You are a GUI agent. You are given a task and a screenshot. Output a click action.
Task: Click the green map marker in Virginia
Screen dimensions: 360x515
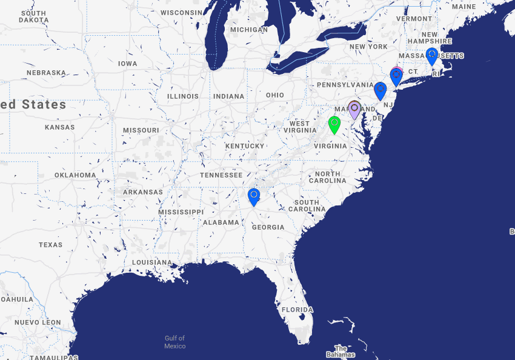[334, 124]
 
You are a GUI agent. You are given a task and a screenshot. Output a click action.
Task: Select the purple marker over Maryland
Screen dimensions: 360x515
[354, 110]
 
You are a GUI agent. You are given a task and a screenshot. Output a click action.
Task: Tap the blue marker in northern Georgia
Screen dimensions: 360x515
[254, 196]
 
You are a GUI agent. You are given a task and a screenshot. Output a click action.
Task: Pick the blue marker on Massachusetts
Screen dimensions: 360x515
[431, 56]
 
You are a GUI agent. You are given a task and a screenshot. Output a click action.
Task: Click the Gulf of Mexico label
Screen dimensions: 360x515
[174, 342]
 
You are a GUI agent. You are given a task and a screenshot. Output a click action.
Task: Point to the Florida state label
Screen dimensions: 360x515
[297, 309]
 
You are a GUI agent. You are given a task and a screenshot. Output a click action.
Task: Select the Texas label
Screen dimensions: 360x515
[50, 245]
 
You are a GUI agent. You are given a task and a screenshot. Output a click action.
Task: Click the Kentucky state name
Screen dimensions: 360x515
[245, 146]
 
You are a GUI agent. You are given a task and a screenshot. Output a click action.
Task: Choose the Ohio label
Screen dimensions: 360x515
[274, 95]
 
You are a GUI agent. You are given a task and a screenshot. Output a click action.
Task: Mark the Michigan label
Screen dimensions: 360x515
[248, 30]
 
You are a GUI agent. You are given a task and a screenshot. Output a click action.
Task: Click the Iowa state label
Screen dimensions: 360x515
[127, 64]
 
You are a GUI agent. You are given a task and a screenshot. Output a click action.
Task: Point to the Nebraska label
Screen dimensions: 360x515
[46, 73]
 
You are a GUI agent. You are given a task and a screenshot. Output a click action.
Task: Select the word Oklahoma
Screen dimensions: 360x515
[75, 175]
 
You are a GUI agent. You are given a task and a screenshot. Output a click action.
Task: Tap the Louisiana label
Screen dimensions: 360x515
[152, 262]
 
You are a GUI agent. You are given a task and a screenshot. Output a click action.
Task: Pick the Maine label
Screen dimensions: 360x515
[463, 7]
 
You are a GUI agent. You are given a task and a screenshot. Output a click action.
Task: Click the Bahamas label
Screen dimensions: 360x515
[341, 352]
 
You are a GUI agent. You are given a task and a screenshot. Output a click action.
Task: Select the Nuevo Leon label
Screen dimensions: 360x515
[38, 322]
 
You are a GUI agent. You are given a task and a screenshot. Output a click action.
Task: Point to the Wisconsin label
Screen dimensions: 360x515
[181, 13]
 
